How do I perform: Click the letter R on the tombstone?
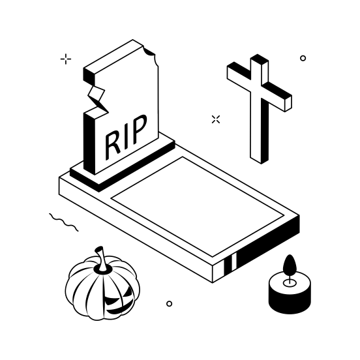[x=113, y=145]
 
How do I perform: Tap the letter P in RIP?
[x=138, y=128]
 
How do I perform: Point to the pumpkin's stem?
[x=102, y=258]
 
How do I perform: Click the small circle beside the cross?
[x=303, y=58]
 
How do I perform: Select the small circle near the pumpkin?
[x=169, y=304]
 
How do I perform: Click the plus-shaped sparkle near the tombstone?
[x=66, y=59]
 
